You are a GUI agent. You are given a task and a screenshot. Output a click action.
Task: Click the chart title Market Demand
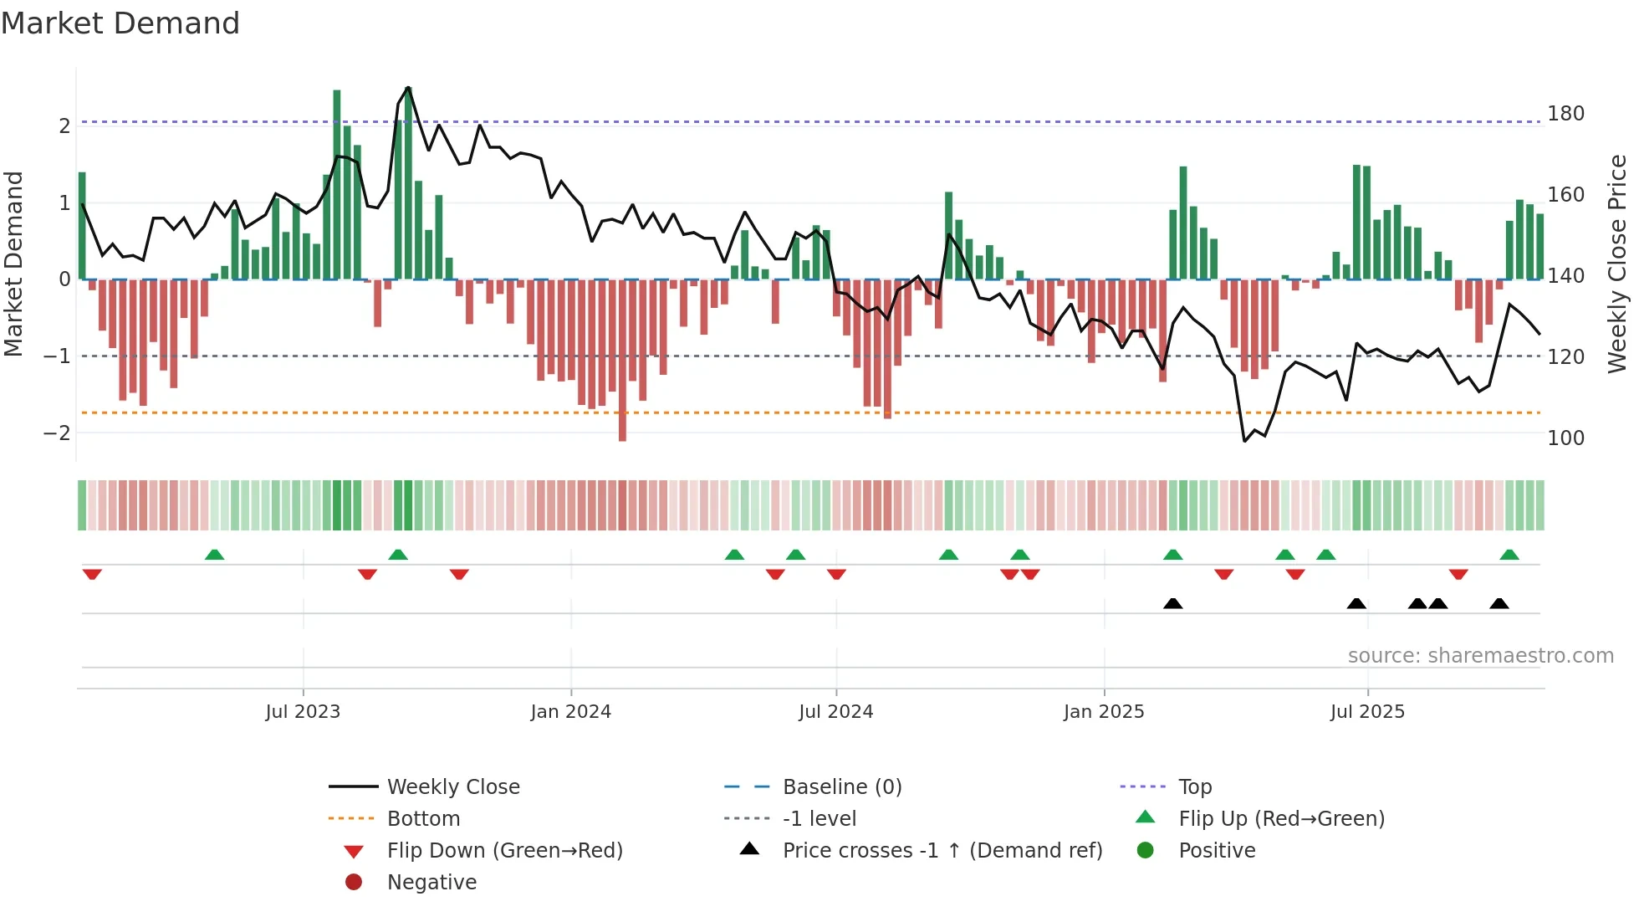[x=120, y=23]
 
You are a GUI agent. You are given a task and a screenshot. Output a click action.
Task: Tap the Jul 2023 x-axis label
[x=303, y=712]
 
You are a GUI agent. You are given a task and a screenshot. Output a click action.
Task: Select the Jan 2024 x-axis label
[x=571, y=712]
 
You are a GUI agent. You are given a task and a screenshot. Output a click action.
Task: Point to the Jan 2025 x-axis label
[x=1104, y=712]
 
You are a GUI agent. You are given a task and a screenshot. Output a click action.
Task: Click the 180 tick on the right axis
[x=1565, y=114]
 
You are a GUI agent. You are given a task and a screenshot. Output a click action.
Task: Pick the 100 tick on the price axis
[x=1565, y=438]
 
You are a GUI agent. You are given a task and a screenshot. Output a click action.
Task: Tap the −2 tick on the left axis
[x=57, y=433]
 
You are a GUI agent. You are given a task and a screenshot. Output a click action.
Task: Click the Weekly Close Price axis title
[x=1617, y=264]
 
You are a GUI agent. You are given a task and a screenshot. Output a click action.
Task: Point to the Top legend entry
[x=1195, y=787]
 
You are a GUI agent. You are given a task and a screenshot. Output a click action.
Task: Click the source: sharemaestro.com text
[x=1480, y=656]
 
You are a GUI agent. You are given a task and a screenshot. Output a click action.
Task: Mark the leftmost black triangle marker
[x=1173, y=603]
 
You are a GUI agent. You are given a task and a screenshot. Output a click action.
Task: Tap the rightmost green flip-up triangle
[x=1509, y=555]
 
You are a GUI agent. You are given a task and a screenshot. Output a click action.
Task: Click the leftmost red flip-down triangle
[x=92, y=574]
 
